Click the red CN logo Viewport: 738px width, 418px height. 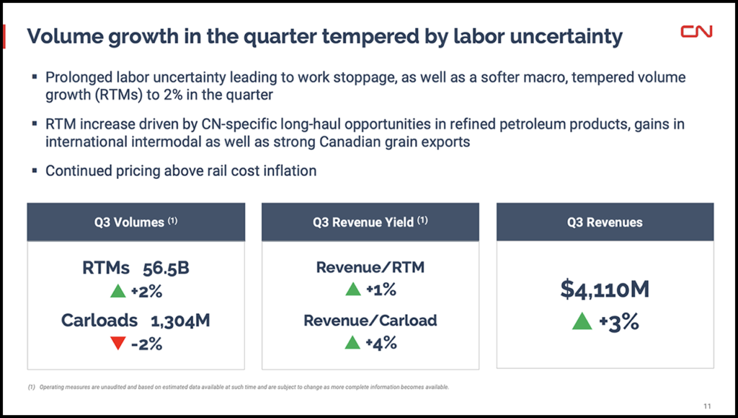(x=696, y=32)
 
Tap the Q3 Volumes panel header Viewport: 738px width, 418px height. (x=136, y=222)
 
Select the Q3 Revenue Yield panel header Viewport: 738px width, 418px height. (x=370, y=222)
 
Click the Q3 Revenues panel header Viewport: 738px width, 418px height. (x=605, y=222)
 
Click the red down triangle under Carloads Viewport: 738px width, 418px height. (x=119, y=344)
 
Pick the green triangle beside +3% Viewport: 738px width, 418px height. (x=582, y=322)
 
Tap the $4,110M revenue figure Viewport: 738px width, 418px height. (x=605, y=289)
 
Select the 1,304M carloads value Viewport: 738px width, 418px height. (x=180, y=321)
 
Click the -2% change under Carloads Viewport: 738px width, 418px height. (x=146, y=344)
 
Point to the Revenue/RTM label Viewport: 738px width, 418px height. (x=370, y=268)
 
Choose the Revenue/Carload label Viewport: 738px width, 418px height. (x=370, y=321)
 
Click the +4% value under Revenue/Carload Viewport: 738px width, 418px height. (x=381, y=344)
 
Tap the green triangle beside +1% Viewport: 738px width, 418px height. (x=353, y=290)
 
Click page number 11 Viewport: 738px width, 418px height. (x=707, y=404)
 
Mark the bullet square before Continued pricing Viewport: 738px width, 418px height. (x=35, y=171)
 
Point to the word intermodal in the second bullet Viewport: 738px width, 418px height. (x=161, y=141)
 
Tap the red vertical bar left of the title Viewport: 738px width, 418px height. (x=6, y=36)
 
